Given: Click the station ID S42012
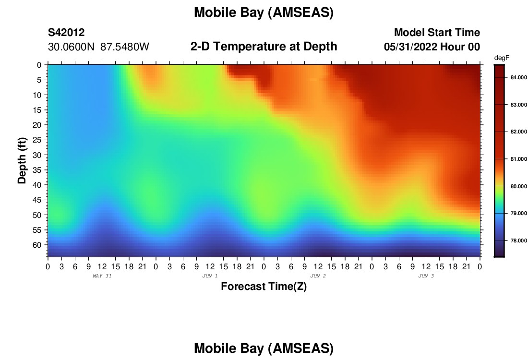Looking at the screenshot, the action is coord(66,33).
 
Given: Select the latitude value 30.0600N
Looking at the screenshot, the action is coord(71,47).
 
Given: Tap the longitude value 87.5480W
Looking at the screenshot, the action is coord(125,47).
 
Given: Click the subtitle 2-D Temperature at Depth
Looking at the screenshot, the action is coord(264,47).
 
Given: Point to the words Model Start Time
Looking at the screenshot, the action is coord(437,33).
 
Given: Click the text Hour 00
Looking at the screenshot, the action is coord(460,47).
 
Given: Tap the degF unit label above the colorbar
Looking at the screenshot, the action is coord(502,58).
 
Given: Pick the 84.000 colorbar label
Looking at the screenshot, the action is coord(518,77).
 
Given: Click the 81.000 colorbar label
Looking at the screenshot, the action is coord(518,159).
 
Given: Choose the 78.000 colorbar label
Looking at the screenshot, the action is coord(518,240).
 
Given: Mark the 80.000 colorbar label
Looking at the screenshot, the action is coord(518,186).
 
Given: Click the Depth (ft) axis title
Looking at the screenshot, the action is coord(22,161).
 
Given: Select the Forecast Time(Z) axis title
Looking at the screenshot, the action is coord(264,286).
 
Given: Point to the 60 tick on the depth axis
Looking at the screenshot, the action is coord(37,245).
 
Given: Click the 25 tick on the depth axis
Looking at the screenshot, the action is coord(37,140).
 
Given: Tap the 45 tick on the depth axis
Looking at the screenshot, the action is coord(37,200).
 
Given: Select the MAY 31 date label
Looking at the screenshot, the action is coord(102,276).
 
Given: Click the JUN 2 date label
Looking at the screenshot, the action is coord(318,276).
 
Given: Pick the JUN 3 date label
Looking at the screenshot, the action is coord(426,276).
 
